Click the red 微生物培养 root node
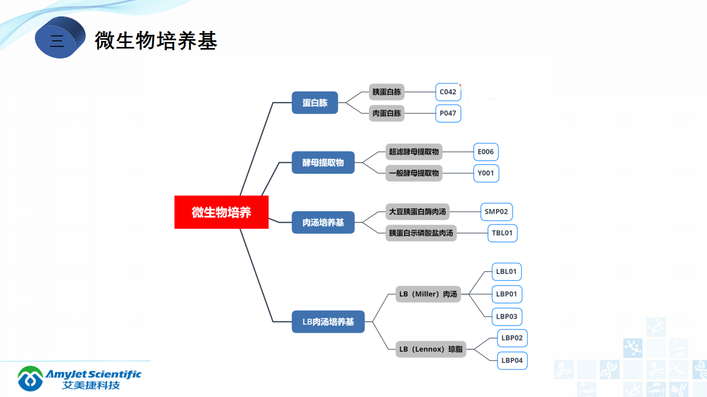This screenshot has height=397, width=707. click(221, 212)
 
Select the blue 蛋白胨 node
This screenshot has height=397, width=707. click(315, 103)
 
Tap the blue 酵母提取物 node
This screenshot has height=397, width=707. click(323, 163)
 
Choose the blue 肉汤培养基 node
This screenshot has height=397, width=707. click(323, 222)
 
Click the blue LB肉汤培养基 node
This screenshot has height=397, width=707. click(328, 321)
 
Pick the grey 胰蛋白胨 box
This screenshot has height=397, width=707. click(387, 92)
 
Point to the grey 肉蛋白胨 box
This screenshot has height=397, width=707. click(387, 114)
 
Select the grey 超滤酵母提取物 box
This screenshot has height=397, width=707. click(414, 152)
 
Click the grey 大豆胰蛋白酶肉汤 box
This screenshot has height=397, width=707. click(417, 211)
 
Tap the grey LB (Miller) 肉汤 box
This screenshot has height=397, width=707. click(428, 294)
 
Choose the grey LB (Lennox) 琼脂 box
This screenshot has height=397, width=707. click(431, 349)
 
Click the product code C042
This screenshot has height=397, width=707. click(448, 92)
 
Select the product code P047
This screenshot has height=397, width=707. click(448, 114)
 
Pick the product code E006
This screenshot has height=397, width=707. click(486, 152)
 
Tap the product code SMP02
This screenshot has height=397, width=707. click(496, 211)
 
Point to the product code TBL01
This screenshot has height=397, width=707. click(502, 233)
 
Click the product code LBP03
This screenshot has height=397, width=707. click(506, 316)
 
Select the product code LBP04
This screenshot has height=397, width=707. click(512, 361)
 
